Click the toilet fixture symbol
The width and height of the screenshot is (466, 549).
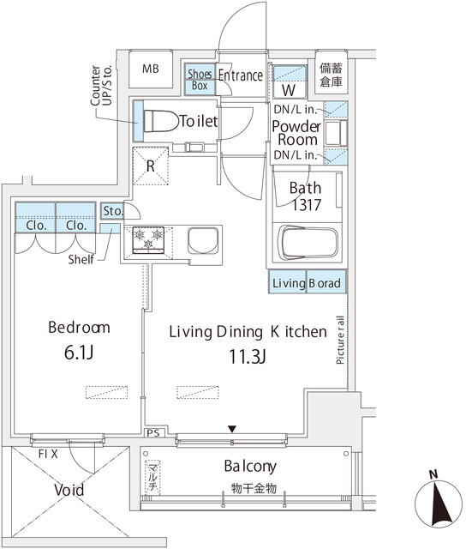pyautogui.click(x=161, y=121)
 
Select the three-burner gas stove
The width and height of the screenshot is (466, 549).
pyautogui.click(x=148, y=239)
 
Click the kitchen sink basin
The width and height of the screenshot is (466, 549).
pyautogui.click(x=203, y=240)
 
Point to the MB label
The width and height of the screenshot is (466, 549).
pyautogui.click(x=151, y=69)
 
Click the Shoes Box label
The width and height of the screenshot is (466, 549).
pyautogui.click(x=200, y=80)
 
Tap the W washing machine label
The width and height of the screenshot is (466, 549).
pyautogui.click(x=289, y=90)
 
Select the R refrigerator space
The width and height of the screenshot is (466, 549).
pyautogui.click(x=150, y=166)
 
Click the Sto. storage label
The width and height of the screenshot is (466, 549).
pyautogui.click(x=112, y=211)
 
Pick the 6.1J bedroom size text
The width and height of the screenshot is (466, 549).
pyautogui.click(x=79, y=353)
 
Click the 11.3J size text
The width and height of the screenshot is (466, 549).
pyautogui.click(x=248, y=357)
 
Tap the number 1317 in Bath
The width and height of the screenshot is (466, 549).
pyautogui.click(x=306, y=205)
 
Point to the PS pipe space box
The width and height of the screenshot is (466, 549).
pyautogui.click(x=153, y=433)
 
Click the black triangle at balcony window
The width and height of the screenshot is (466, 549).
pyautogui.click(x=232, y=429)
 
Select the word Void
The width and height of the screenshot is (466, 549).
pyautogui.click(x=69, y=490)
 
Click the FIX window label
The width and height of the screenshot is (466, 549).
pyautogui.click(x=48, y=454)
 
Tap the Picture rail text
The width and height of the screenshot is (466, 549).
pyautogui.click(x=340, y=340)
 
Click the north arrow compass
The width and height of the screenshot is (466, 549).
pyautogui.click(x=438, y=502)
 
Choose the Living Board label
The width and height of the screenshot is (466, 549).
pyautogui.click(x=307, y=283)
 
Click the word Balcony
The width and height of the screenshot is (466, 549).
pyautogui.click(x=250, y=467)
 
